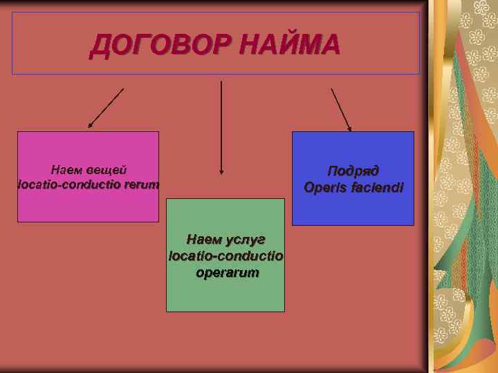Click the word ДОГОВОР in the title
click(160, 46)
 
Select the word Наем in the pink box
click(66, 170)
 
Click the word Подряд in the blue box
click(353, 171)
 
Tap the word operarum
click(226, 273)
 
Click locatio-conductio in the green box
click(226, 256)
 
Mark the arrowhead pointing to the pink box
click(90, 126)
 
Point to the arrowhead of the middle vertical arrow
click(221, 171)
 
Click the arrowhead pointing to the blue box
click(349, 128)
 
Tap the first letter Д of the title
click(101, 46)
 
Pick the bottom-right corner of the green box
click(284, 312)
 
